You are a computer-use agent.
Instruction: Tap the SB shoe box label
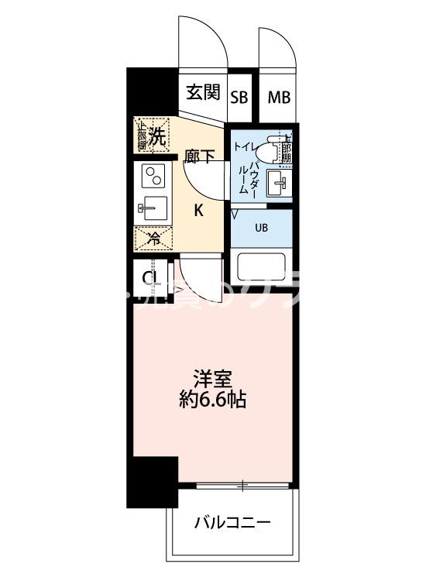[x=240, y=97]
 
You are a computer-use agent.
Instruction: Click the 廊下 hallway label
[x=200, y=157]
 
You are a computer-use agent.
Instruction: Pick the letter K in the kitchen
[x=198, y=209]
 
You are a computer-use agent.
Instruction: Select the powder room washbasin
[x=277, y=184]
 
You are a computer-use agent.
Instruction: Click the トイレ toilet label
[x=246, y=143]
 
